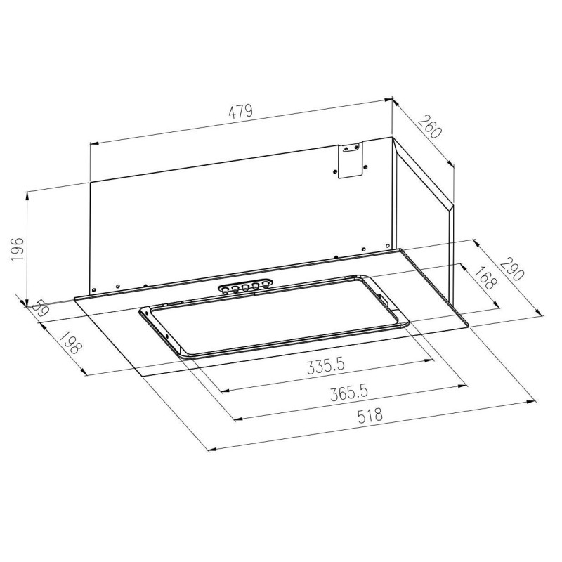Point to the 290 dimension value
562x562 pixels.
pyautogui.click(x=511, y=268)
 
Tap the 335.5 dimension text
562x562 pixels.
pyautogui.click(x=327, y=367)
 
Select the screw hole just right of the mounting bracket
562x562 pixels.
pyautogui.click(x=365, y=166)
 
